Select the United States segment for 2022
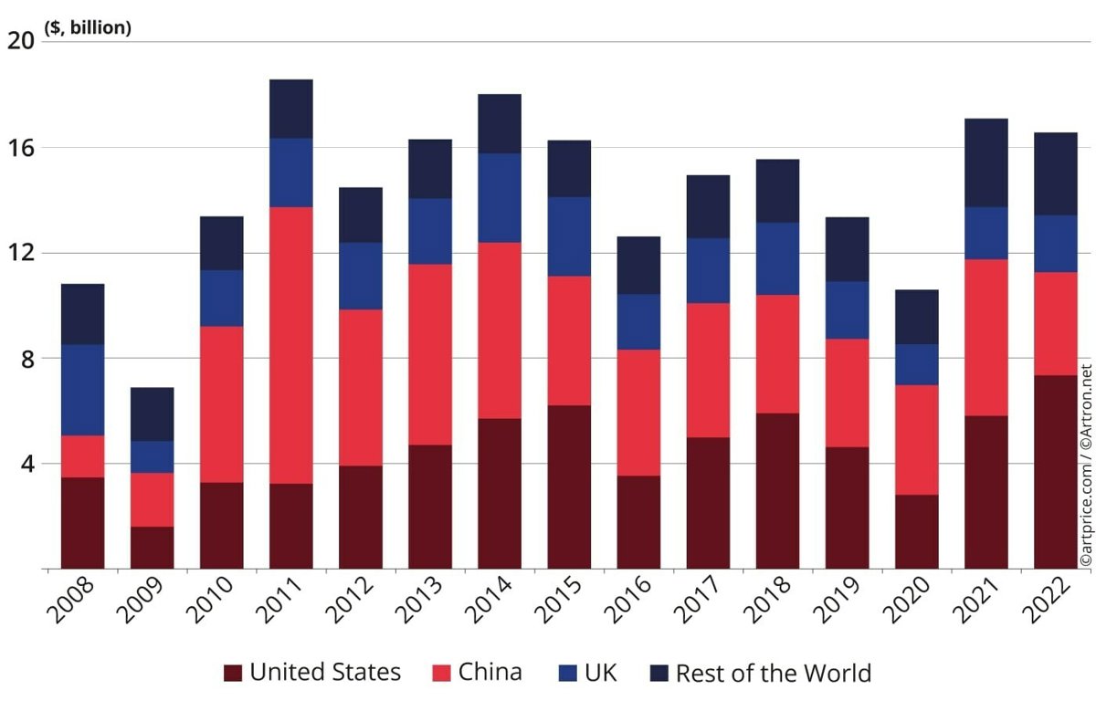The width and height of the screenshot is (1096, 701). [1055, 471]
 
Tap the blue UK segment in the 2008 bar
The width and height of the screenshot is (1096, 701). [82, 390]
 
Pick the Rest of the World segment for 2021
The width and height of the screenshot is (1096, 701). [985, 162]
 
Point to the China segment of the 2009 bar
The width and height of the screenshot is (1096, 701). [152, 499]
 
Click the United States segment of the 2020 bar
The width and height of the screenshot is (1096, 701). [916, 531]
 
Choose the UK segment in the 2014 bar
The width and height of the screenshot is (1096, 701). [499, 197]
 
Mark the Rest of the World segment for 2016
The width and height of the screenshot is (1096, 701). [638, 265]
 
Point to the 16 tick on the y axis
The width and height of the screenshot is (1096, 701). [20, 147]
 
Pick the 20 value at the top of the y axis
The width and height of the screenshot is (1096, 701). [20, 41]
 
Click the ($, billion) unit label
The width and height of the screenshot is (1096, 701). [88, 28]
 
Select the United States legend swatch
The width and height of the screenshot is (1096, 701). [233, 674]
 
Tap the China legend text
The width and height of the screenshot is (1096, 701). [490, 673]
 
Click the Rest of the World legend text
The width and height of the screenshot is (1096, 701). [773, 674]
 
